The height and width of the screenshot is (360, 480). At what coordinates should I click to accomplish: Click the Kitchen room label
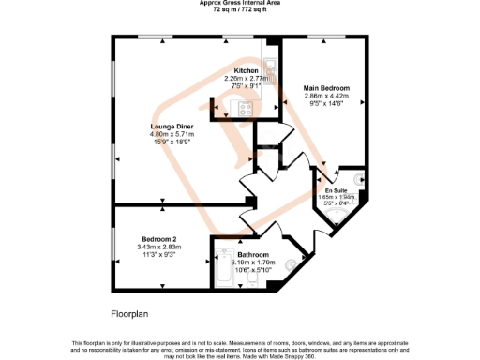[246, 71]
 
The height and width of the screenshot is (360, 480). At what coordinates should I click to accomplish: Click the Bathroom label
[253, 255]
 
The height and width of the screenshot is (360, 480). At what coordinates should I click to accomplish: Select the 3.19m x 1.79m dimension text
[253, 262]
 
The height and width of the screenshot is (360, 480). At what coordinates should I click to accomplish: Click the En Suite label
[336, 191]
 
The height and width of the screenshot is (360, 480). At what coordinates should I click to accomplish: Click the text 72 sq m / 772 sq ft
[240, 8]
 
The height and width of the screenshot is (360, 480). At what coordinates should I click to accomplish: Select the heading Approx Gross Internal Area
[240, 3]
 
